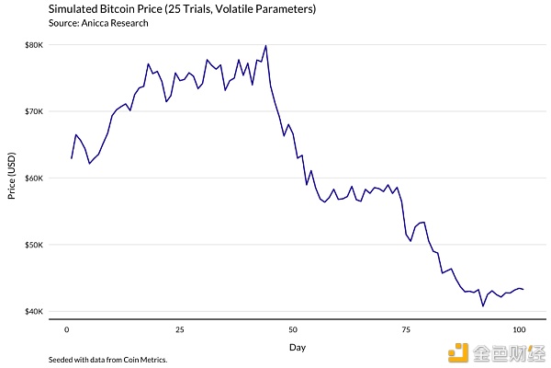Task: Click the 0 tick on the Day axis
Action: [66, 328]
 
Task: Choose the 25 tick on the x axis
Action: [179, 328]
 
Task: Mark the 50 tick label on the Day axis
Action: [292, 328]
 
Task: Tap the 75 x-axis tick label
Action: [405, 328]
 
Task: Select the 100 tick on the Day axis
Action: [518, 328]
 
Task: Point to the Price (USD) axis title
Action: [10, 178]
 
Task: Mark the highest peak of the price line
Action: [265, 45]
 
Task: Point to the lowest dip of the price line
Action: [483, 305]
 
